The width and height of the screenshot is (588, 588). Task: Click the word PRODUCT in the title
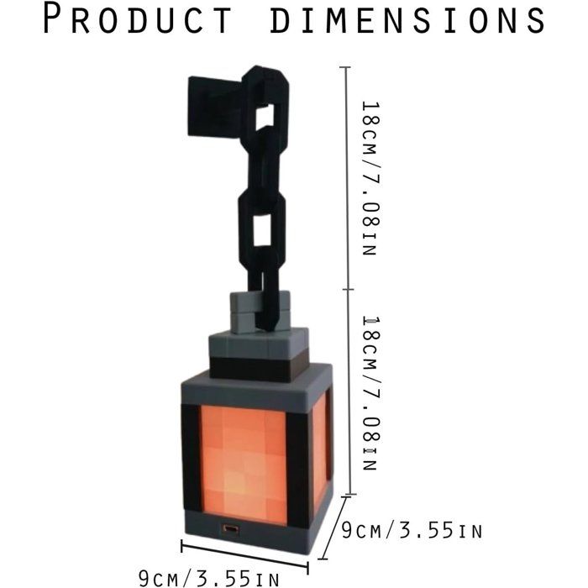click(x=137, y=18)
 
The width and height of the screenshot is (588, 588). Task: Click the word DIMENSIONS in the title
click(x=407, y=18)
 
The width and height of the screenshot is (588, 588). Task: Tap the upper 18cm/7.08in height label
click(x=371, y=178)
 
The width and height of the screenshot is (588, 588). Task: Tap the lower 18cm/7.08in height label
click(x=371, y=393)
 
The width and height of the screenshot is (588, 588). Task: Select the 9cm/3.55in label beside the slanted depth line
click(x=412, y=531)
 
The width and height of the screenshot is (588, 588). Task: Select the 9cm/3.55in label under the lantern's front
click(x=208, y=578)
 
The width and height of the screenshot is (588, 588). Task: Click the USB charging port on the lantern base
click(x=230, y=528)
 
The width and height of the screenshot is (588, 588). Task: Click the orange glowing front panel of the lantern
click(x=244, y=465)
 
